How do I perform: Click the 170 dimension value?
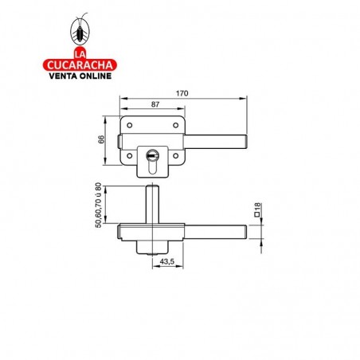(x=182, y=94)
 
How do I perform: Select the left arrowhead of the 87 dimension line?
(x=122, y=110)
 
